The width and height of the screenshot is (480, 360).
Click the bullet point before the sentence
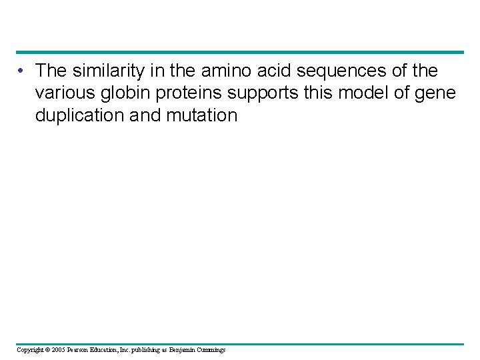point(23,71)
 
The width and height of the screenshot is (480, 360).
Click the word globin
point(125,93)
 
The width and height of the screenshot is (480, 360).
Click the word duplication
point(79,115)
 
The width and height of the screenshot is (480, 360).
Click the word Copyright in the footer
point(31,349)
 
